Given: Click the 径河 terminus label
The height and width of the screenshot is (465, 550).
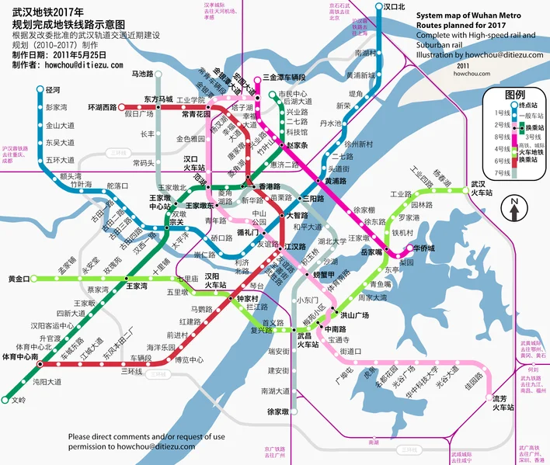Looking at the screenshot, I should pos(54,91).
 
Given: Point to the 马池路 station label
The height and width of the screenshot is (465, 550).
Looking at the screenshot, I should pos(142,75).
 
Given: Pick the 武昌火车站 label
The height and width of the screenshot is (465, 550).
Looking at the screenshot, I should pos(308,340).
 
